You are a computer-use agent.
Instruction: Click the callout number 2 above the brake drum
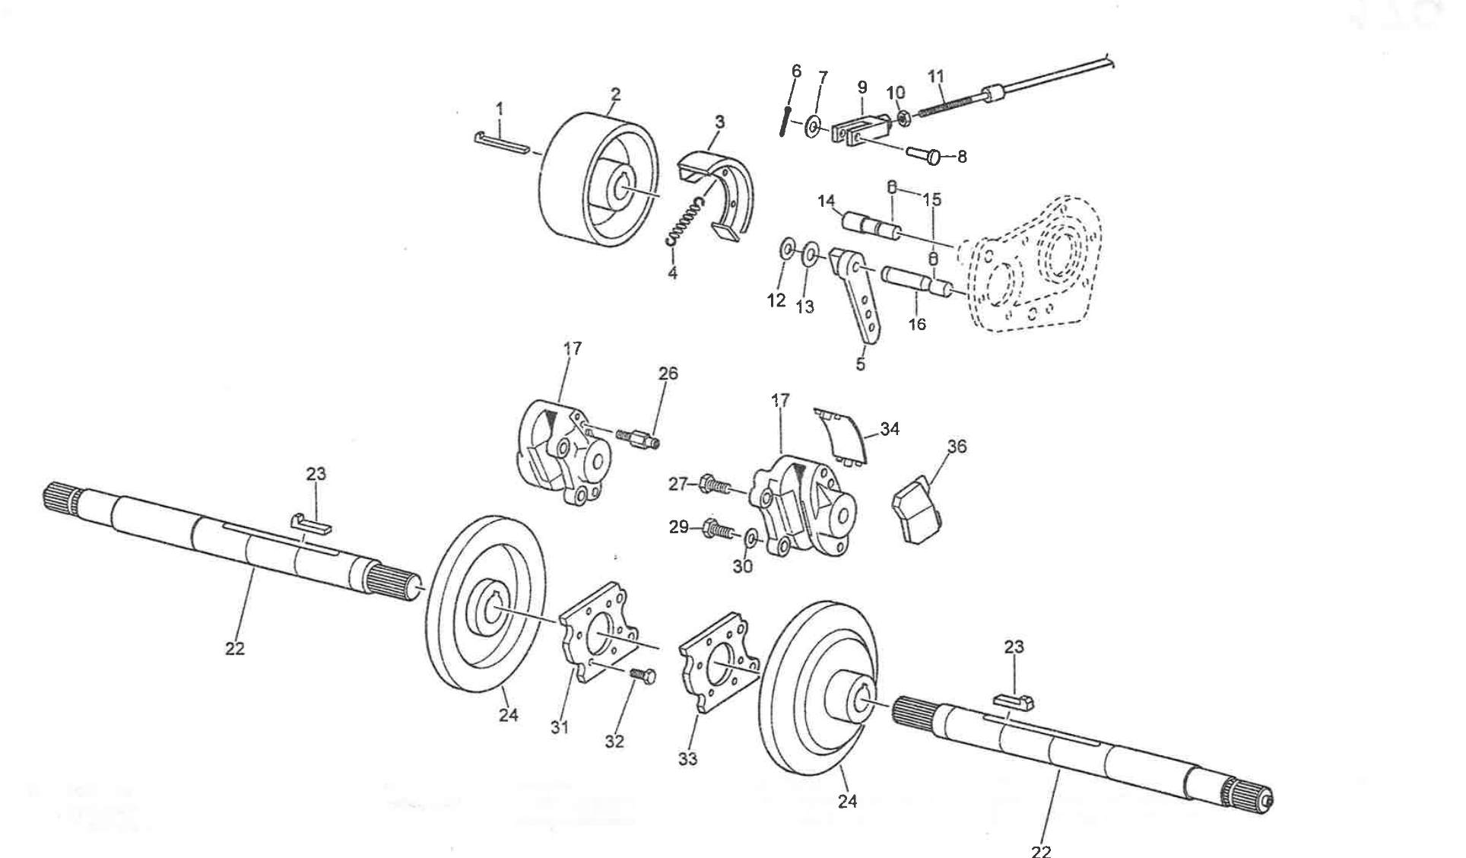click(615, 94)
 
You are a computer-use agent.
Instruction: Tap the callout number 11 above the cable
click(936, 77)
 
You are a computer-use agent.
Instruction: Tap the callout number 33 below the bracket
click(687, 759)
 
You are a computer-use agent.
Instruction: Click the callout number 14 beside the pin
click(827, 201)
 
